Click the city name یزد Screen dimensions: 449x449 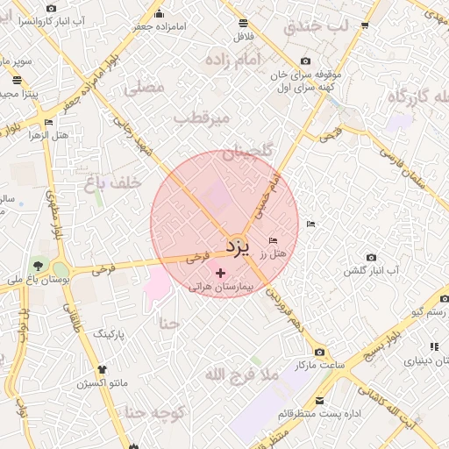(238, 245)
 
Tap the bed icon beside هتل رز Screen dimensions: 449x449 (274, 240)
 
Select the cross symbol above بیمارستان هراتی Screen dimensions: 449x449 (220, 274)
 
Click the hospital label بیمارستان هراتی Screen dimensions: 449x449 (220, 287)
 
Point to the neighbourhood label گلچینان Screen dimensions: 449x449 (248, 153)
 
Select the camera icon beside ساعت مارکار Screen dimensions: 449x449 (319, 351)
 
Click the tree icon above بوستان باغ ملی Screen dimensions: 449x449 (38, 266)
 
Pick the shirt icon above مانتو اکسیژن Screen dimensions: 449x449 (103, 370)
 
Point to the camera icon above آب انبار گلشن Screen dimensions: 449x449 (371, 258)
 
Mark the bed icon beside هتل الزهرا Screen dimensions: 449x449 (47, 122)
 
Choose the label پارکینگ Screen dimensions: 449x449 (110, 334)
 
